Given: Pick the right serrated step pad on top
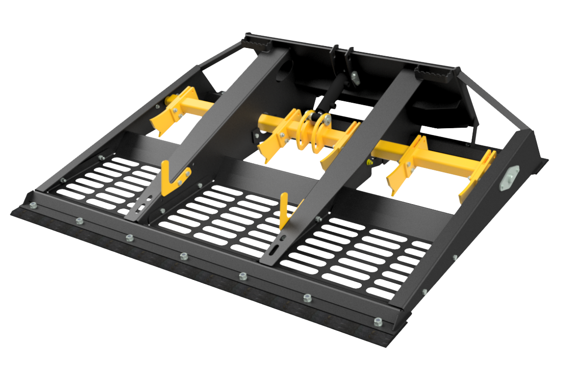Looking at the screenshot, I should point(434,74).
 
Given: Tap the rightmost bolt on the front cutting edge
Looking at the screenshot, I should point(378,322).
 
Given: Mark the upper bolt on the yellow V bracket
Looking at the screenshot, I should point(189,172).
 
